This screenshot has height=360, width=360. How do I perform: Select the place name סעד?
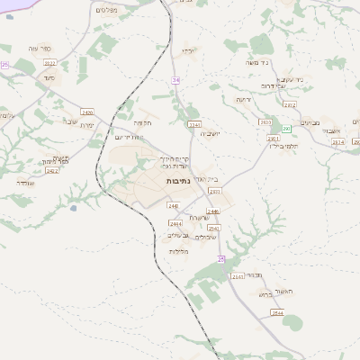[x=49, y=76]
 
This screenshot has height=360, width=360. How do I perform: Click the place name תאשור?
[x=280, y=280]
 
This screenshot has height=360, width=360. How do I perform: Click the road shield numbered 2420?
[x=87, y=112]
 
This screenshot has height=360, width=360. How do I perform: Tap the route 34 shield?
[x=176, y=80]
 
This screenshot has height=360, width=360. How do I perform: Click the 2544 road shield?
[x=277, y=312]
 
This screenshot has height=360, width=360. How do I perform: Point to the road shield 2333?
[x=214, y=192]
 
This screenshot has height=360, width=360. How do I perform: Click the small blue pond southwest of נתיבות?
[x=72, y=209]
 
